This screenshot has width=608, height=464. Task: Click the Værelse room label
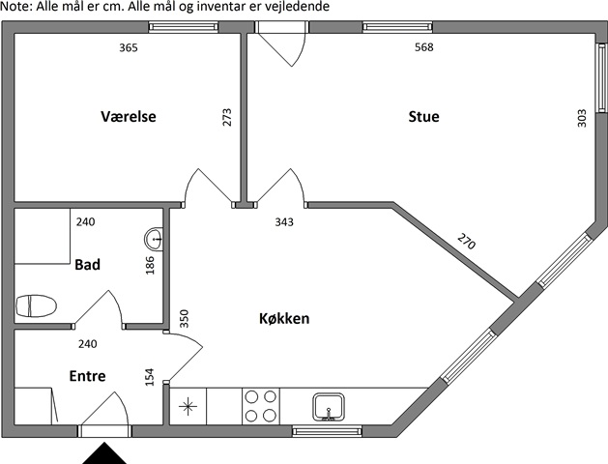(x=129, y=116)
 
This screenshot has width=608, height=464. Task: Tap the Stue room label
(x=423, y=116)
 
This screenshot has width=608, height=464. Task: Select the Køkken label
(x=284, y=319)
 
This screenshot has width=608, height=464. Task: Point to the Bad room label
(x=87, y=265)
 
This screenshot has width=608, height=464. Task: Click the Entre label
(x=87, y=376)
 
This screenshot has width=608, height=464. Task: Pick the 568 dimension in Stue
(x=423, y=47)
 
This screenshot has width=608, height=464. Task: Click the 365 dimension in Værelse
(x=129, y=47)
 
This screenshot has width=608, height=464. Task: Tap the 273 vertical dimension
(x=227, y=117)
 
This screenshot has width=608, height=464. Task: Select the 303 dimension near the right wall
(x=582, y=119)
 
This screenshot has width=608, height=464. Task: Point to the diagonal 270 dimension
(x=466, y=241)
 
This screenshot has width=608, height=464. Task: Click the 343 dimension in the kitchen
(x=284, y=222)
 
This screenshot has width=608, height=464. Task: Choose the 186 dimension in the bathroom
(x=150, y=266)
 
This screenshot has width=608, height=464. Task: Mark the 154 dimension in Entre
(x=149, y=377)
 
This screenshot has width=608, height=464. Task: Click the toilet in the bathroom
(x=36, y=305)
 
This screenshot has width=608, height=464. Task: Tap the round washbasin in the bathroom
(x=155, y=239)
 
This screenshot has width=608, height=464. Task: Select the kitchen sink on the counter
(x=329, y=407)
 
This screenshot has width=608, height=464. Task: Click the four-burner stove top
(x=261, y=406)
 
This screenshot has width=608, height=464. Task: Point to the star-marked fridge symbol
(x=188, y=407)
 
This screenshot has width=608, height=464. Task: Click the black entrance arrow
(x=104, y=453)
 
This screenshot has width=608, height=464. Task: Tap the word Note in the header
(x=15, y=6)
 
